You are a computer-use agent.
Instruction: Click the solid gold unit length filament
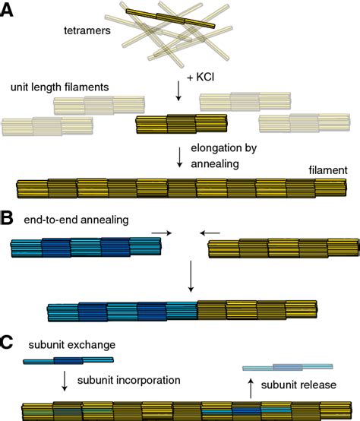click(181, 124)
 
